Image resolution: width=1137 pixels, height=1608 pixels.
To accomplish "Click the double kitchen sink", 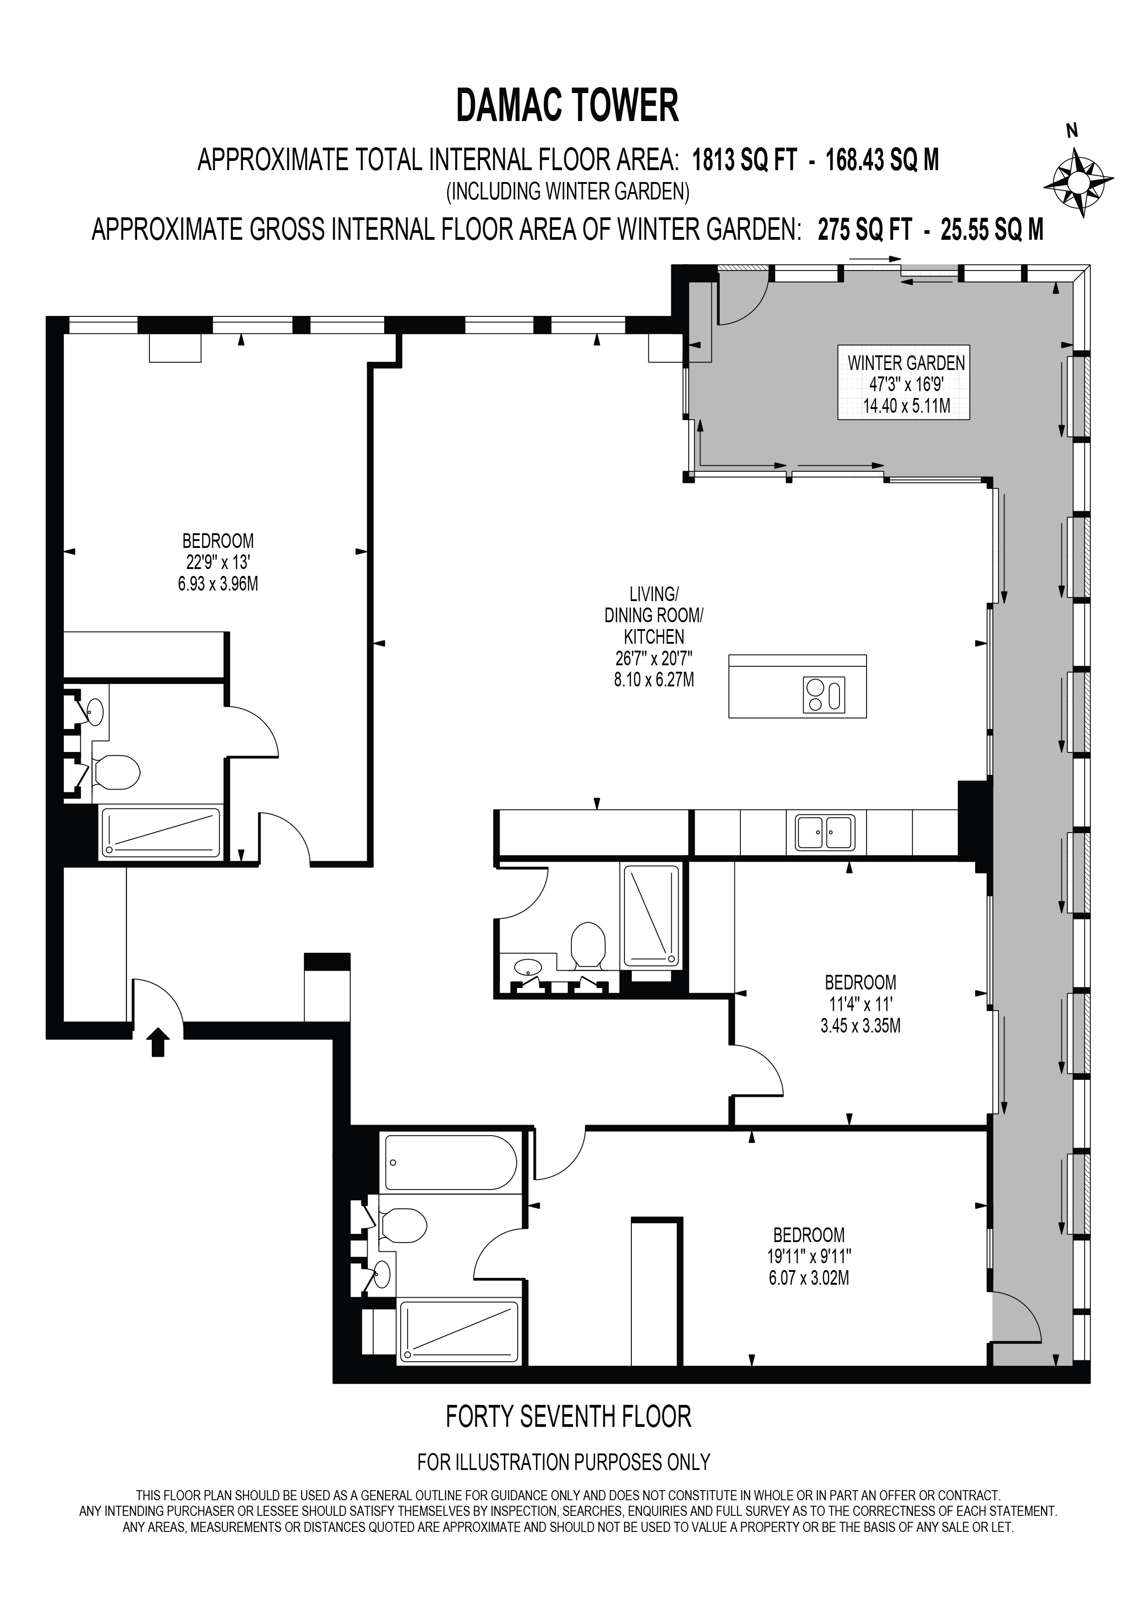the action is pos(825,832).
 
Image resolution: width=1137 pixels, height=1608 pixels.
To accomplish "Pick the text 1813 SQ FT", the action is pos(744,160).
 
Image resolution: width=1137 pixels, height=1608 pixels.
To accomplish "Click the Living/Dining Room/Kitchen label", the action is pos(653,616).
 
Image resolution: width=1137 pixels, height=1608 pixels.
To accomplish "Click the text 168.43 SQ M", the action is pos(882,160).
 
